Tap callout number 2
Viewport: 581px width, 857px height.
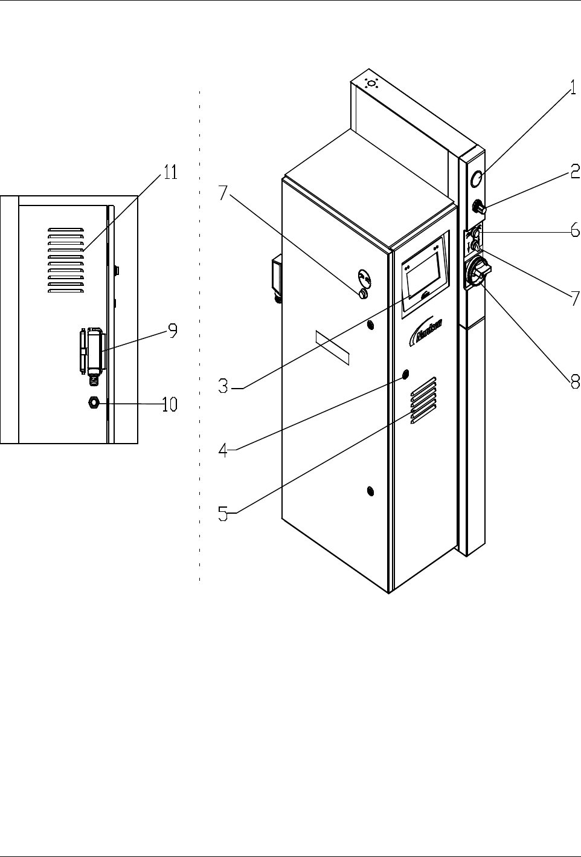[574, 173]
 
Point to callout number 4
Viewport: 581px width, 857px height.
[223, 451]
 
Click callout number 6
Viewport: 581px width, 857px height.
[574, 230]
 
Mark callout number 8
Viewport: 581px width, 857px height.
[574, 381]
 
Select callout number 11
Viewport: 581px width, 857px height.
[170, 173]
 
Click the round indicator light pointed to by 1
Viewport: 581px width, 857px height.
[477, 178]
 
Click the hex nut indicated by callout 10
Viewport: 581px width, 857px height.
[94, 402]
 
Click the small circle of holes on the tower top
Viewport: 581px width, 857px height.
[371, 83]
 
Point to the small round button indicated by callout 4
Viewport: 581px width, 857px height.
[405, 373]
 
